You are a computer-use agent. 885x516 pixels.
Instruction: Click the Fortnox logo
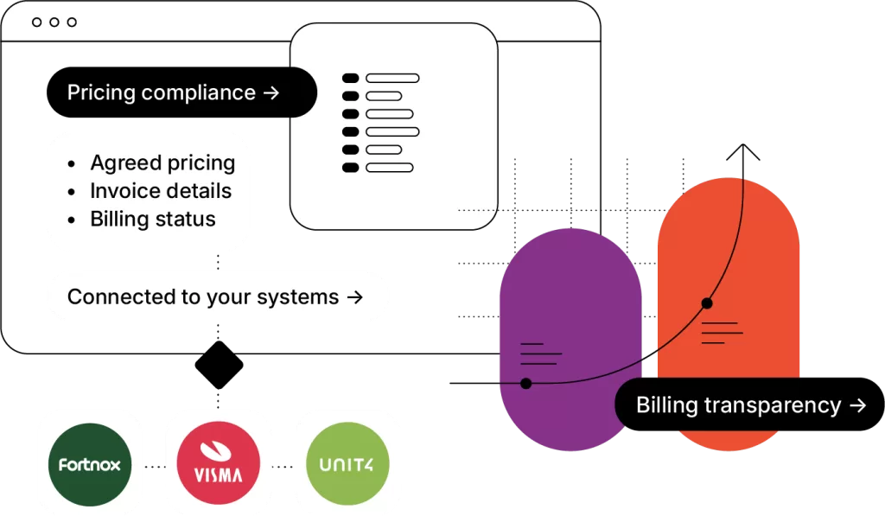click(89, 465)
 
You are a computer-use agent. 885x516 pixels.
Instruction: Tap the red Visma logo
click(218, 465)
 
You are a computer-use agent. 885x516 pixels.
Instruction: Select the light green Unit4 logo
click(347, 465)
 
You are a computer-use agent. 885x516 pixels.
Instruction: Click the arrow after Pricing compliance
click(271, 92)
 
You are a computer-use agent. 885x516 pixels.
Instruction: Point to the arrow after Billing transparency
click(857, 405)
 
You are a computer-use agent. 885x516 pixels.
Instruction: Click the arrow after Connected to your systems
click(353, 297)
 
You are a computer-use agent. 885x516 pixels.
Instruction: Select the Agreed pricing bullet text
click(162, 163)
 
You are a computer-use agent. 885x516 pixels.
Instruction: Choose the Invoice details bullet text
click(161, 191)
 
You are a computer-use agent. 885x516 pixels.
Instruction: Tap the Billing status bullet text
click(153, 220)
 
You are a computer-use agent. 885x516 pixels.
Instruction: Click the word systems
click(298, 297)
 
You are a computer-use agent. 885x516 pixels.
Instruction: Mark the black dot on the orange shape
click(707, 303)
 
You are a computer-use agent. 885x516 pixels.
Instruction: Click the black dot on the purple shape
click(525, 383)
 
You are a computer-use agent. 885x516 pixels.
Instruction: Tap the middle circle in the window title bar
click(54, 22)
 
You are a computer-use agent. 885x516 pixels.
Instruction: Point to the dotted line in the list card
click(476, 210)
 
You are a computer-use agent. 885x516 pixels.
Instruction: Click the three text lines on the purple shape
click(540, 353)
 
